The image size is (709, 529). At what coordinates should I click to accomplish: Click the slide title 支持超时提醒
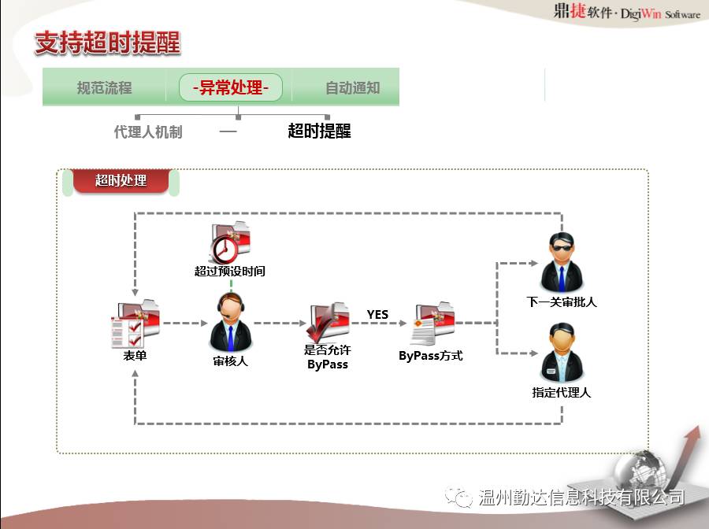coord(108,43)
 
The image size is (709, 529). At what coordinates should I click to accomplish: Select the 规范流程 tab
coord(104,88)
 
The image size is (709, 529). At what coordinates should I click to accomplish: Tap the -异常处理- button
coord(230,87)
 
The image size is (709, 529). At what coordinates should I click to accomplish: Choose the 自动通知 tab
coord(352,88)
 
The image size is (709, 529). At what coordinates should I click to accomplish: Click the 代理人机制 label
coord(148,131)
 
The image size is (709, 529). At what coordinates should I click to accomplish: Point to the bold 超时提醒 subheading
coord(319,131)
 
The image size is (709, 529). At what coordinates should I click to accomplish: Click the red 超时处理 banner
coord(121,180)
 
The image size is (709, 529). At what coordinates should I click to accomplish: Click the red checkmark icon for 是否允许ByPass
coord(326,321)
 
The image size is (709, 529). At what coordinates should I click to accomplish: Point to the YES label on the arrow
coord(377,314)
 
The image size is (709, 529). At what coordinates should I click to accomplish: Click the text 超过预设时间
coord(229,272)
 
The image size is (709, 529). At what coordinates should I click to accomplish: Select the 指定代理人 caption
coord(561,392)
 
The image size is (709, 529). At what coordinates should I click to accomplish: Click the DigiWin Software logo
coord(625,13)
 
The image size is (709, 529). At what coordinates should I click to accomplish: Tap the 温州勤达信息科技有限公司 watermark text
coord(581,498)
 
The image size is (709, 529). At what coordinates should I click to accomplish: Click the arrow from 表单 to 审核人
coord(184,323)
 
